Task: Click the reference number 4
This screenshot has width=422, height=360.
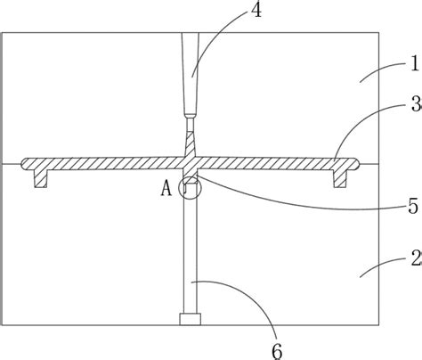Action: pyautogui.click(x=256, y=10)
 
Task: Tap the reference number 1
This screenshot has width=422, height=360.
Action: pyautogui.click(x=415, y=63)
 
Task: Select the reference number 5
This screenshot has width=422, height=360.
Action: pyautogui.click(x=413, y=206)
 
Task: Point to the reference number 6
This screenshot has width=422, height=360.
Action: pyautogui.click(x=277, y=352)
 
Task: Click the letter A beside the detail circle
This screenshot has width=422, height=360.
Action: pyautogui.click(x=166, y=188)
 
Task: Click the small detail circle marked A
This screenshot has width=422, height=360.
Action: pyautogui.click(x=190, y=187)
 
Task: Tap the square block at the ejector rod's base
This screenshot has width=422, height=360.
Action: pyautogui.click(x=190, y=319)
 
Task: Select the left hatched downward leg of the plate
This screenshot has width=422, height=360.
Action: pyautogui.click(x=41, y=179)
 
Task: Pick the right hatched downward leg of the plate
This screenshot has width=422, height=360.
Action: pyautogui.click(x=340, y=179)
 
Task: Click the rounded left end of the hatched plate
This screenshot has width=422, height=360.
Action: pyautogui.click(x=25, y=164)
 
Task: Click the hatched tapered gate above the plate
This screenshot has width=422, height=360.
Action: pyautogui.click(x=190, y=144)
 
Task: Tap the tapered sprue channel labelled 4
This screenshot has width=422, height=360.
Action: pyautogui.click(x=191, y=75)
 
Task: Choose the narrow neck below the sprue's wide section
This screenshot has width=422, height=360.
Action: pyautogui.click(x=190, y=125)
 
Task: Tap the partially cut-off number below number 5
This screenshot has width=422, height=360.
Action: pyautogui.click(x=417, y=258)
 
